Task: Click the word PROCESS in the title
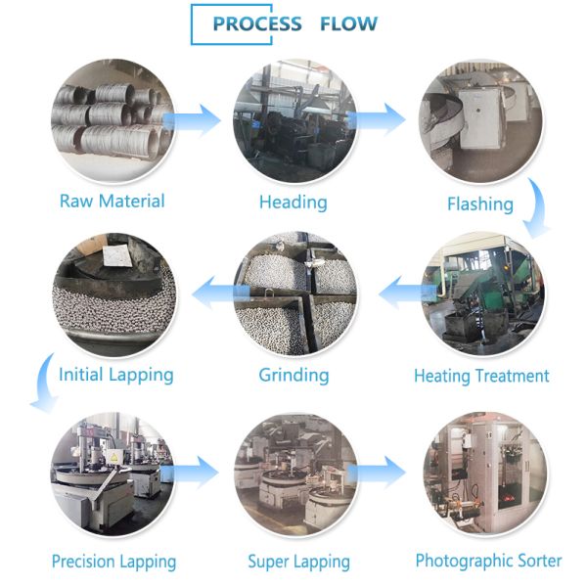(257, 24)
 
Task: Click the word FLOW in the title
(348, 24)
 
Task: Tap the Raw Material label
(112, 202)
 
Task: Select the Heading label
(293, 203)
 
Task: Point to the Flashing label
(479, 203)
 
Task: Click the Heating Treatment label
(481, 376)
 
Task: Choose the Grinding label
(293, 375)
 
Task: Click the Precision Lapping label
(113, 562)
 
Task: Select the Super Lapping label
(298, 562)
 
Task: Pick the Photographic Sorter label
(488, 561)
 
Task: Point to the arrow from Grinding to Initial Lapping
(213, 291)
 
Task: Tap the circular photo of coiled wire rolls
(112, 118)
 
